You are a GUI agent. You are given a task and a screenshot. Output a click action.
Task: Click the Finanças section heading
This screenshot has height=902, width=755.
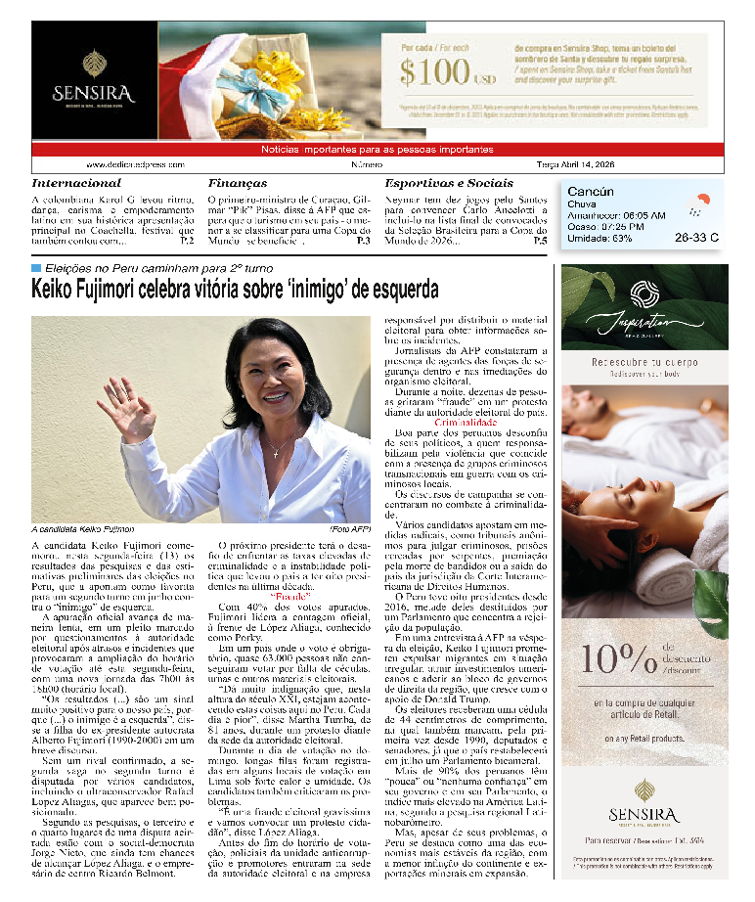tap(238, 183)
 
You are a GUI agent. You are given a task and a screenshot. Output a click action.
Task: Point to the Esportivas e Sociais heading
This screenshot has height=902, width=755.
tap(449, 183)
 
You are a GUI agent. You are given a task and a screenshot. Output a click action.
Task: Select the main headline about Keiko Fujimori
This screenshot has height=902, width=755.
tap(235, 290)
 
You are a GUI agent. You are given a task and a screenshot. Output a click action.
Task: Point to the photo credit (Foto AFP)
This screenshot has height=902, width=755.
tap(350, 529)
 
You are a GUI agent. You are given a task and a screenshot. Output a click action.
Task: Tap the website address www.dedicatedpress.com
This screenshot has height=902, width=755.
tap(135, 165)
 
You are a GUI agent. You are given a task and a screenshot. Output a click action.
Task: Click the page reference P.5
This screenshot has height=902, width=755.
tap(540, 240)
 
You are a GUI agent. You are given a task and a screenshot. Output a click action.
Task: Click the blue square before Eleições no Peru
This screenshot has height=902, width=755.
tap(36, 267)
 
